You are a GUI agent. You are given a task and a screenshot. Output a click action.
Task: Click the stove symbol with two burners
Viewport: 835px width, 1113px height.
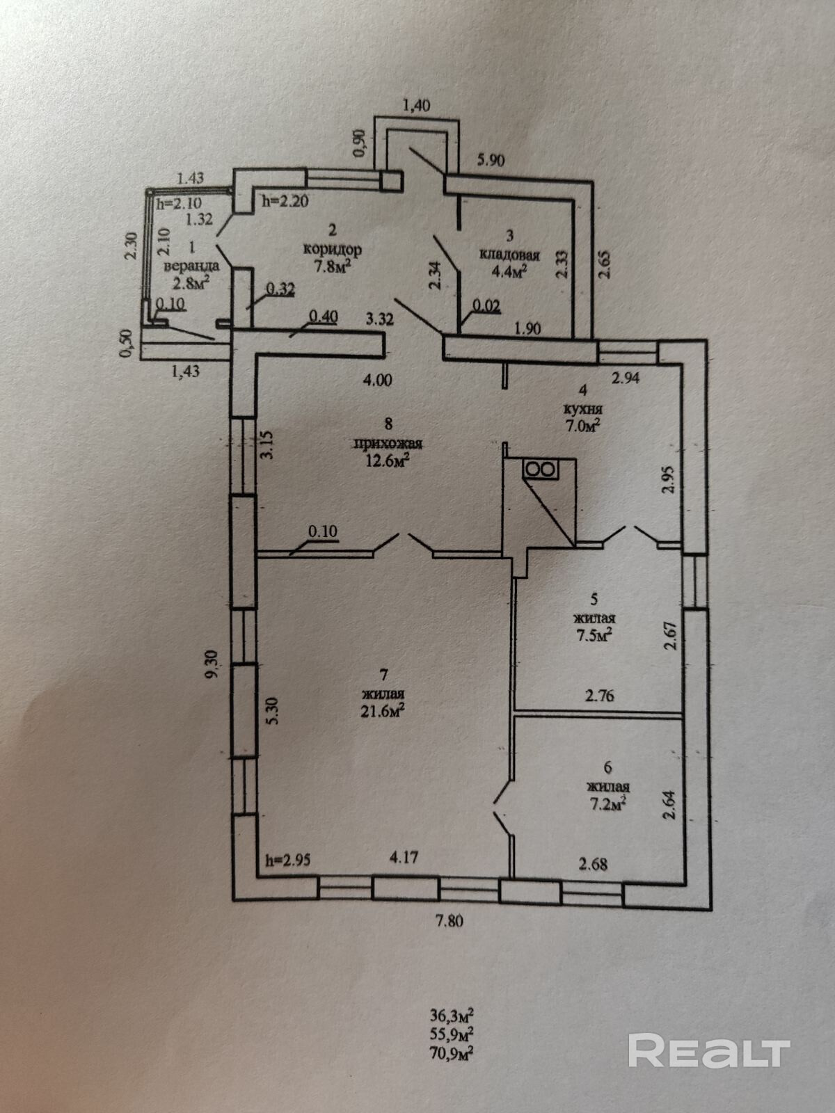(541, 469)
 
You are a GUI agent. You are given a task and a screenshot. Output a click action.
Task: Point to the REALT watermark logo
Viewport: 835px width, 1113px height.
(709, 1031)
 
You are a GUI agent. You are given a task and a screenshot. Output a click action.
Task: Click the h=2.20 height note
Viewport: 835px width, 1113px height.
(285, 201)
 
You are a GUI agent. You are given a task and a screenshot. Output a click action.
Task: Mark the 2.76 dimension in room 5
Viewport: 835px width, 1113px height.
(599, 694)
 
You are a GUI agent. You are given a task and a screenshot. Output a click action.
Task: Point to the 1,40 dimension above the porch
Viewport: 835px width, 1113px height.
(416, 106)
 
